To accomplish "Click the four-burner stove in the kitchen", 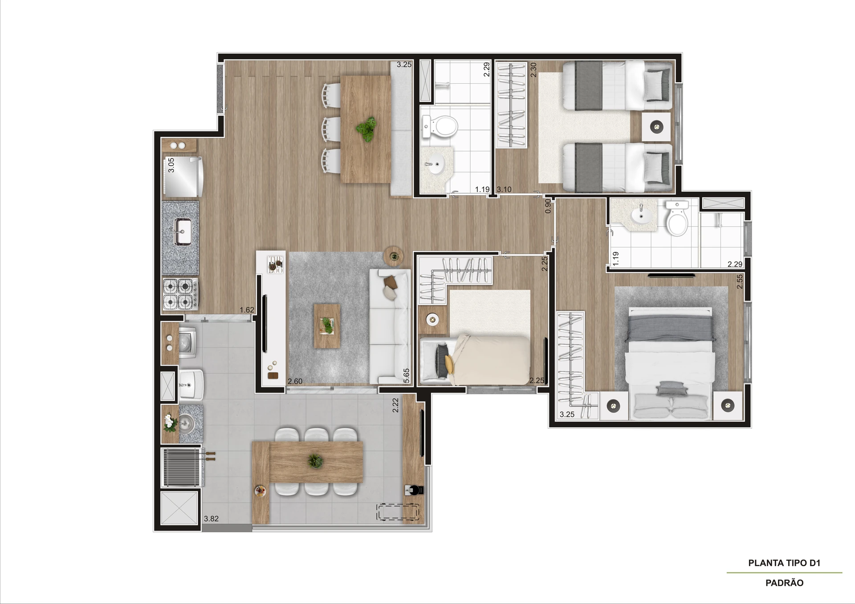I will pyautogui.click(x=180, y=294).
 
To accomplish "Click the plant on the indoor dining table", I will pyautogui.click(x=366, y=129).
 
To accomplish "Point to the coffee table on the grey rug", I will pyautogui.click(x=327, y=326).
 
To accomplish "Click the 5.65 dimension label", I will pyautogui.click(x=406, y=375).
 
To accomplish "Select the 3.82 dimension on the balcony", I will pyautogui.click(x=211, y=519).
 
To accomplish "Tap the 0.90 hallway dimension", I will pyautogui.click(x=548, y=205).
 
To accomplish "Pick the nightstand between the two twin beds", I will pyautogui.click(x=656, y=127).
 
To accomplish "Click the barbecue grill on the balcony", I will pyautogui.click(x=182, y=467).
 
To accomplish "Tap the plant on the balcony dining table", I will pyautogui.click(x=315, y=461).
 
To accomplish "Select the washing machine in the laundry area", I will pyautogui.click(x=187, y=342).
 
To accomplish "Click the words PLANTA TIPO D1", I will pyautogui.click(x=784, y=563).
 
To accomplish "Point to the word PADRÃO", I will pyautogui.click(x=784, y=583).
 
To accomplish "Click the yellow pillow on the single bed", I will pyautogui.click(x=449, y=364).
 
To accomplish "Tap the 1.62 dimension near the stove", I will pyautogui.click(x=247, y=310).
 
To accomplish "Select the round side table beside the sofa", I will pyautogui.click(x=394, y=256).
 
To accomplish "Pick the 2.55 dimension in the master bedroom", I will pyautogui.click(x=740, y=281).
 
